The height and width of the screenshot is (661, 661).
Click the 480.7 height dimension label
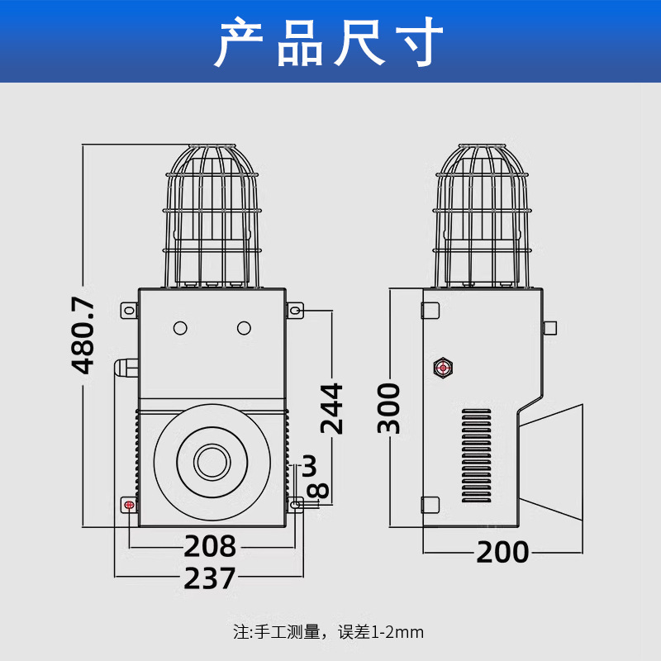(83, 335)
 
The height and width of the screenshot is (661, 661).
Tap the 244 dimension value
(332, 408)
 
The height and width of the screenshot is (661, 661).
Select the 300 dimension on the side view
(388, 408)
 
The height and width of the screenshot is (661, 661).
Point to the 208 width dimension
(210, 546)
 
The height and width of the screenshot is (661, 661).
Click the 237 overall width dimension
(210, 578)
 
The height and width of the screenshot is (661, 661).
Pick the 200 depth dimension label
(502, 552)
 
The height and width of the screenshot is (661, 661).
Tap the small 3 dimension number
(310, 465)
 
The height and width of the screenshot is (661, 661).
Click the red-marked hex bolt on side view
(443, 368)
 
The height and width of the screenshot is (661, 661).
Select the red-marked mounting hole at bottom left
(129, 505)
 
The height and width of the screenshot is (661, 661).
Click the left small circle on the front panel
(180, 328)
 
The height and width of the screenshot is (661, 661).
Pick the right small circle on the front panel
(244, 328)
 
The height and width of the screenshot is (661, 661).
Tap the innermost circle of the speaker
(212, 462)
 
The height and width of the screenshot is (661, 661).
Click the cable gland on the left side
(126, 368)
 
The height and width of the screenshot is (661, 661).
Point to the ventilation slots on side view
(477, 455)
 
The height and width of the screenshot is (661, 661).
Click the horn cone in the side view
(550, 462)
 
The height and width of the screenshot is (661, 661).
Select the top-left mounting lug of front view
(130, 311)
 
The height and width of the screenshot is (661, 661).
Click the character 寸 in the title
(420, 41)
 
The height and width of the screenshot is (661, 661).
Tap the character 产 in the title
(239, 41)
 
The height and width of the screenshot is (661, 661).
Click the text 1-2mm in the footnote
(397, 632)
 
